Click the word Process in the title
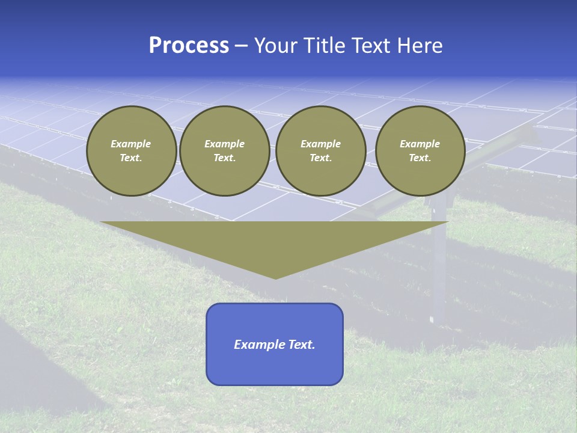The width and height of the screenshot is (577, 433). pos(189,46)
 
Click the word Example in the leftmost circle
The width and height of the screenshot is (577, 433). pos(130,144)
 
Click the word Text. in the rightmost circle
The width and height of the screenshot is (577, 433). pos(420,158)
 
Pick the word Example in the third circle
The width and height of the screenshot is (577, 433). pos(320,144)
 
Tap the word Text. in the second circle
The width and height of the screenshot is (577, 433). pos(224,158)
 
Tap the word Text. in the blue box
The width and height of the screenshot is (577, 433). pos(302,345)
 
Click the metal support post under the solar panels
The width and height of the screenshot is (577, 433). pos(440,265)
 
